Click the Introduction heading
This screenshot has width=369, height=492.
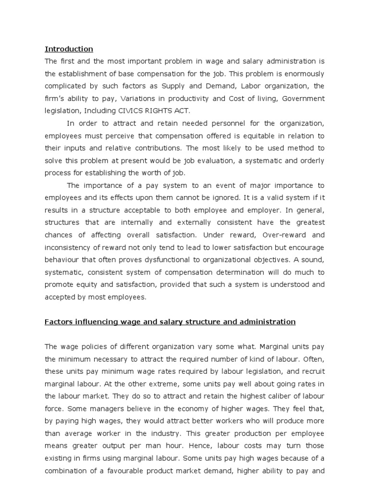point(69,49)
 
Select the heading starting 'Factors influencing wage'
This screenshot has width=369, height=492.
point(170,321)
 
